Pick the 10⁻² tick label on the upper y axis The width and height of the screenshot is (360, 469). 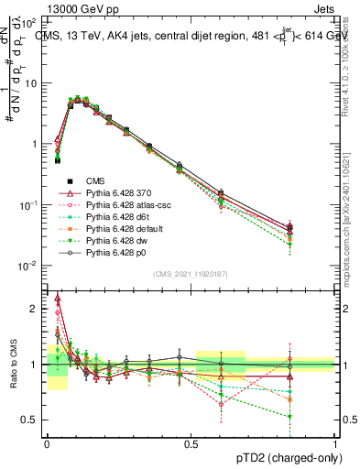(29, 266)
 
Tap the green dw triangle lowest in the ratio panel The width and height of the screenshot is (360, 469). (316, 417)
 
